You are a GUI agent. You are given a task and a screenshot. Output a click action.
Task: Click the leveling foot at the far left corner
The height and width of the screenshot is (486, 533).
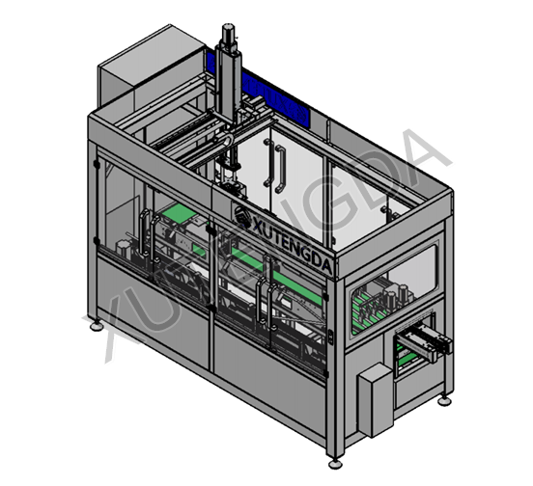click(x=95, y=325)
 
